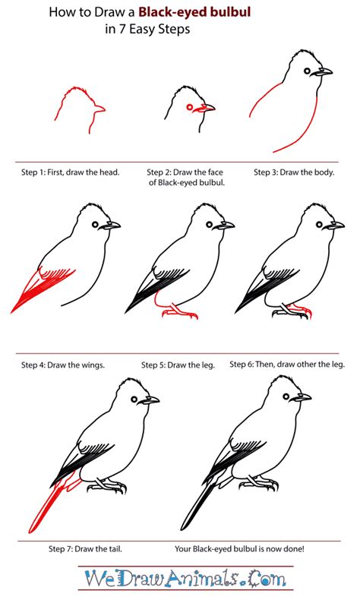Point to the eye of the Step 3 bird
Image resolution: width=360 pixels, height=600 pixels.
tap(310, 72)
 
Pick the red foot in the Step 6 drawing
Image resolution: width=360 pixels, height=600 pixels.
tap(299, 310)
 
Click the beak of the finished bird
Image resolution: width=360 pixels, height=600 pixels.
tap(303, 397)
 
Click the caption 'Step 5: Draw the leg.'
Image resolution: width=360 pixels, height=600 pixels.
tap(178, 365)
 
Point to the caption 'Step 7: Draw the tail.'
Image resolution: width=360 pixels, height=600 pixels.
tap(85, 548)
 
